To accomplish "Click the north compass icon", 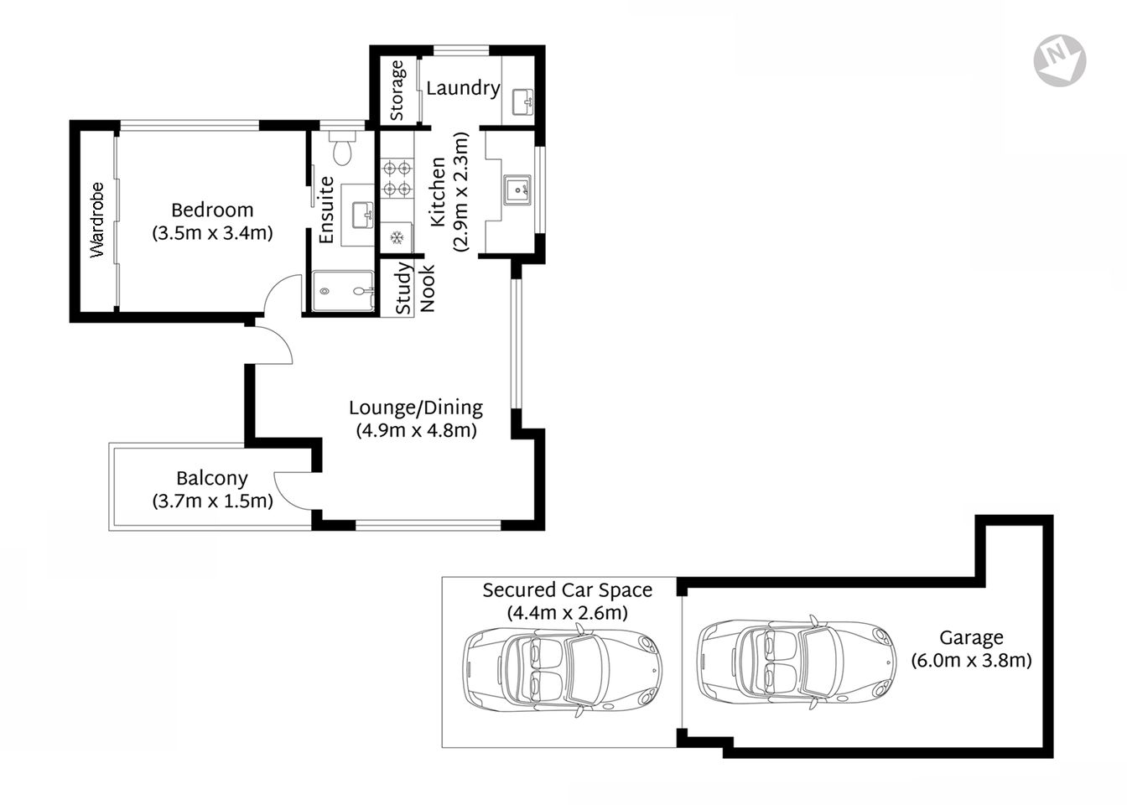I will coord(1060,60).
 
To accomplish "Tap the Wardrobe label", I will coord(97,220).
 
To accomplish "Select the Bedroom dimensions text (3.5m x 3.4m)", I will coord(212,233).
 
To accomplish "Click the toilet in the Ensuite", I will coord(341,150).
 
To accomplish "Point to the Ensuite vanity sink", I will coord(362,213).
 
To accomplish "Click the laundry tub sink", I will coord(523,101).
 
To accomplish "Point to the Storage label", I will coord(397,90).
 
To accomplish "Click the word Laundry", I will coord(463,87).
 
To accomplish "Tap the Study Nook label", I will coord(415,288).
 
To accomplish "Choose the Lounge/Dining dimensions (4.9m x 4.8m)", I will coord(416,431).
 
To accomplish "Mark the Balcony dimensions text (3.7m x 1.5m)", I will coord(212,501).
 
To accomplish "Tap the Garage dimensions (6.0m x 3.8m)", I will coord(971,661).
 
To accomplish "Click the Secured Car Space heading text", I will coord(567,590).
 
